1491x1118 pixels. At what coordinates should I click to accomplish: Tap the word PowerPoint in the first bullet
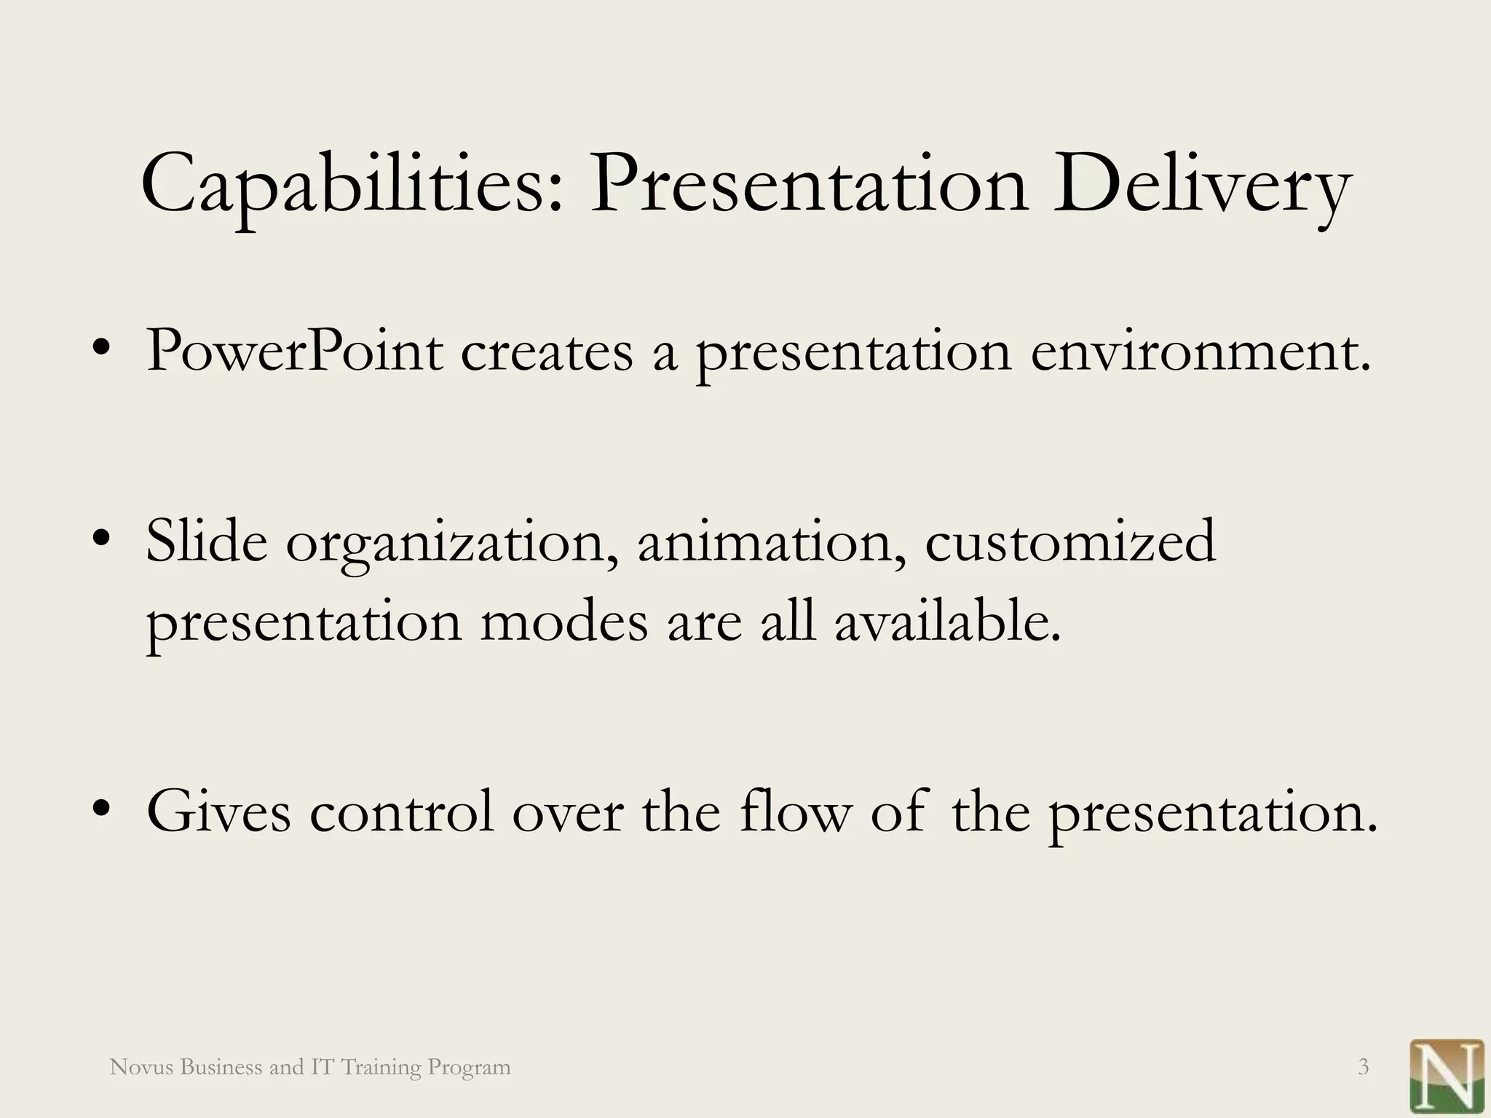pos(294,352)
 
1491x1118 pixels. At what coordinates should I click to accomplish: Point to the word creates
pos(547,352)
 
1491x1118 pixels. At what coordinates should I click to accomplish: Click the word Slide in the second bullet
pos(207,542)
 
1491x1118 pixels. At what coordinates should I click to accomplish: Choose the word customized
pos(1070,542)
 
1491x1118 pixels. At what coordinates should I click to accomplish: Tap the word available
pos(946,622)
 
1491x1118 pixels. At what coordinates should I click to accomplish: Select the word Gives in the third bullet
pos(218,812)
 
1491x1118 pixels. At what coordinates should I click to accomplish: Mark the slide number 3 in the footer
pos(1364,1067)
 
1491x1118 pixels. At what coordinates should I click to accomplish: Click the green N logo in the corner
pos(1447,1076)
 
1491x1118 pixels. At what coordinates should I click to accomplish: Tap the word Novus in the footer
pos(141,1067)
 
